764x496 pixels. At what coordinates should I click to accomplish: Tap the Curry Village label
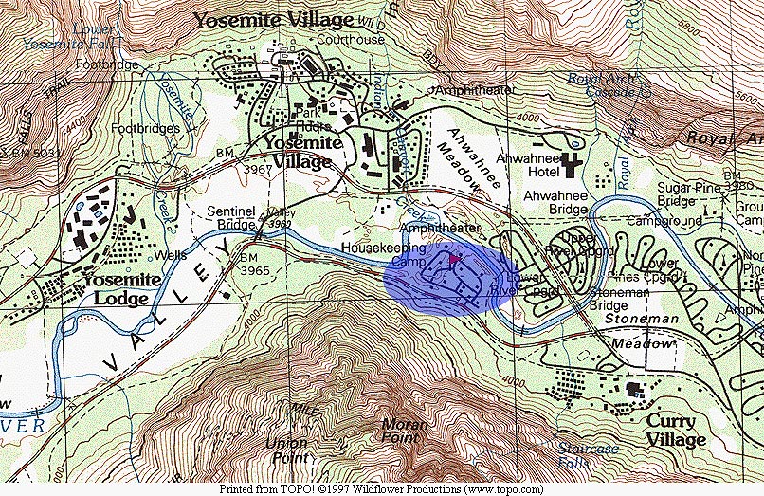click(x=676, y=430)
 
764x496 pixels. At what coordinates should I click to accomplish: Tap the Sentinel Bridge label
click(x=233, y=218)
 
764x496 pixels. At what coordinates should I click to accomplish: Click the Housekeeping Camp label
click(x=384, y=253)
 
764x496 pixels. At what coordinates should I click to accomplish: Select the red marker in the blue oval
click(x=453, y=257)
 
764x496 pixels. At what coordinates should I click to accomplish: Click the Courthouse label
click(x=352, y=40)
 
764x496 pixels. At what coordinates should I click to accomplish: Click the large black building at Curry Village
click(x=632, y=388)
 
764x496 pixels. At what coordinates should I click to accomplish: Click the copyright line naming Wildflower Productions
click(x=382, y=490)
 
